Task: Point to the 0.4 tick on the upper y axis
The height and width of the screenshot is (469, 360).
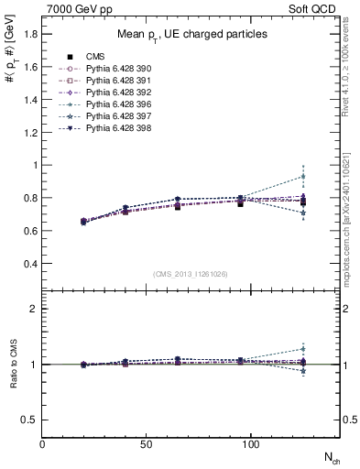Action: (x=29, y=264)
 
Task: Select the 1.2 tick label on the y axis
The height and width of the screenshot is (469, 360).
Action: (x=29, y=133)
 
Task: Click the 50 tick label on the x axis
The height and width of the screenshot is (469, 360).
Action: (x=146, y=443)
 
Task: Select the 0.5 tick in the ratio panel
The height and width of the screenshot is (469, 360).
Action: (x=29, y=420)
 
